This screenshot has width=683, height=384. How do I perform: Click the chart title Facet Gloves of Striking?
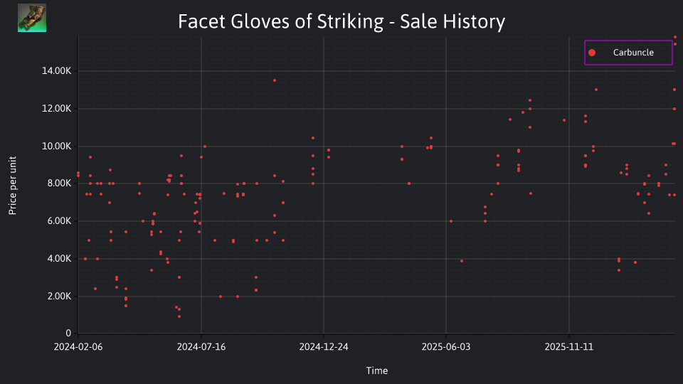tap(281, 21)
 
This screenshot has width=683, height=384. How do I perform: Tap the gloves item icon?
tap(32, 18)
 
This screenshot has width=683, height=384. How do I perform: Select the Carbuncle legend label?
tap(633, 52)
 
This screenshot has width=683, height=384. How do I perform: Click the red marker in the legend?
tap(591, 53)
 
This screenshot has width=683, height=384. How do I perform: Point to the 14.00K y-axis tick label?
tap(57, 71)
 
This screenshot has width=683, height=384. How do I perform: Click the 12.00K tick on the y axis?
tap(57, 108)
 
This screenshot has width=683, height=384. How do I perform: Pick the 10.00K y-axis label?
tap(57, 146)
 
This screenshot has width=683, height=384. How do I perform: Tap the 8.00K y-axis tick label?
tap(59, 183)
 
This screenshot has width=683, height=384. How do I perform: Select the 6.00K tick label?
tap(59, 220)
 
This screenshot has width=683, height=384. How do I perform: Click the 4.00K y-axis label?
tap(59, 259)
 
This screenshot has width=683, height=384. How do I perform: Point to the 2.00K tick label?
tap(59, 296)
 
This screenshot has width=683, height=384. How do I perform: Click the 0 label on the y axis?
tap(68, 333)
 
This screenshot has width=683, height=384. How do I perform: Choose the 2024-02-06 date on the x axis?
tap(78, 347)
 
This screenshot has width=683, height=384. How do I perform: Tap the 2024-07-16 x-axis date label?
tap(201, 347)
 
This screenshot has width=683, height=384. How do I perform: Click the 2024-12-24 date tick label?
tap(324, 347)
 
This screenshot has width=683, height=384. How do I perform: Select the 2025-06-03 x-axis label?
tap(446, 347)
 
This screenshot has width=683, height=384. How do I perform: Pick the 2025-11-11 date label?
tap(569, 347)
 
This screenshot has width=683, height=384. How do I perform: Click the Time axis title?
tap(377, 370)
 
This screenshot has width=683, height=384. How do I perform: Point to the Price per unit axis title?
tap(13, 186)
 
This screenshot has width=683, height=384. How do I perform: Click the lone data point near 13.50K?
tap(275, 80)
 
